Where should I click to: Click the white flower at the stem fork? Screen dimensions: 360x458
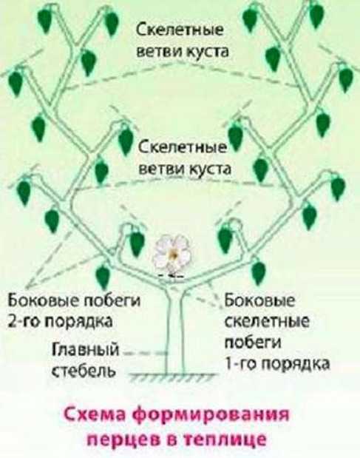click(x=172, y=254)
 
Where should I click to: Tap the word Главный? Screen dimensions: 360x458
click(x=86, y=350)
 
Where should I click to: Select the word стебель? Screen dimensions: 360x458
click(x=84, y=371)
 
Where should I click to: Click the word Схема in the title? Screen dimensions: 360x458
click(x=95, y=416)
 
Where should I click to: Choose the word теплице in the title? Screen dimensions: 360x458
click(x=228, y=440)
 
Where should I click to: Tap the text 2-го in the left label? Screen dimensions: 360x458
click(x=25, y=321)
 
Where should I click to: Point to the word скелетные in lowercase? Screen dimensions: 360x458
click(x=268, y=321)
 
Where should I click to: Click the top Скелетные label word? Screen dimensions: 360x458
click(x=180, y=30)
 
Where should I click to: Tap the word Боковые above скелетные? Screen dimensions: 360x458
click(x=259, y=300)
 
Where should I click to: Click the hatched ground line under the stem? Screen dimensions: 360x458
click(x=172, y=377)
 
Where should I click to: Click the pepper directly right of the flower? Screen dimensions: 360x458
click(x=225, y=240)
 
